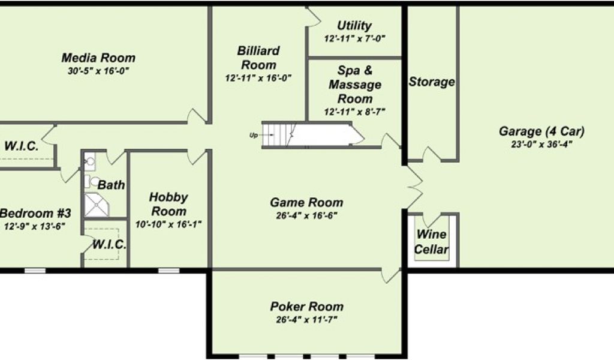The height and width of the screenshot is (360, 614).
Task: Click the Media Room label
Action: point(98,58)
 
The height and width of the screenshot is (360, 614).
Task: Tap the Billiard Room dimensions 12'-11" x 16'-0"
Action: point(258,77)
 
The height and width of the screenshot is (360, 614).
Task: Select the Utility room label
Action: point(354,26)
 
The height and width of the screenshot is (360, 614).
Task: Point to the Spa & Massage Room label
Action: point(354,84)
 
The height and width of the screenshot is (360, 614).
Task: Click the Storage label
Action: point(432,82)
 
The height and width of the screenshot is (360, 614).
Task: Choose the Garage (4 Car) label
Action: point(541,131)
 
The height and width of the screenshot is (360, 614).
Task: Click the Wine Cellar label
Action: point(432,242)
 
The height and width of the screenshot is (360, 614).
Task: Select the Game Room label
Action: point(306,203)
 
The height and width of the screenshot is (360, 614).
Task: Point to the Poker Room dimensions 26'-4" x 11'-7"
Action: point(306,320)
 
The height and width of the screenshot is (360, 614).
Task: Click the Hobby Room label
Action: point(168,204)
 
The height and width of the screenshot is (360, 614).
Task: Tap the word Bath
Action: point(112,185)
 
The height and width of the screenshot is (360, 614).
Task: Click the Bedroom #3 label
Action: point(36,213)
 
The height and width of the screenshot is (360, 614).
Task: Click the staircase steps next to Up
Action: point(278,134)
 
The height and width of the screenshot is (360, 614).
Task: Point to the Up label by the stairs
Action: point(253,134)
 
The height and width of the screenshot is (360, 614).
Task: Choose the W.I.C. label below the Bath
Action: point(109,245)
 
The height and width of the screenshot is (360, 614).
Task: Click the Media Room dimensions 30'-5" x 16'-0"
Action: point(98,71)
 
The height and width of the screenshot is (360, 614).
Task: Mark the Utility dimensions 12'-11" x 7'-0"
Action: point(354,38)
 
